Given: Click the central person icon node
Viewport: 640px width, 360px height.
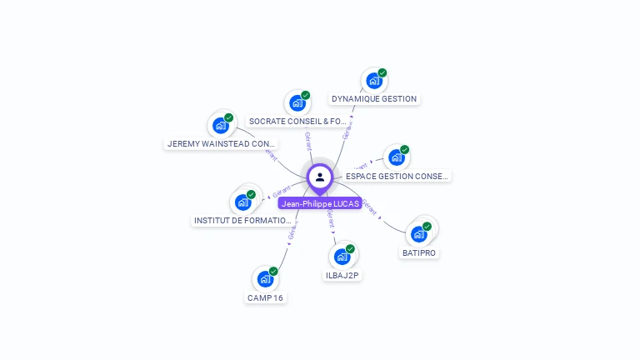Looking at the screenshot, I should [320, 177].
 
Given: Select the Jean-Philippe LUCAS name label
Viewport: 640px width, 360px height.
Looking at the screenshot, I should [320, 203].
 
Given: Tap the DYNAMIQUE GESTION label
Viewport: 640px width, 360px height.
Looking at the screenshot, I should [373, 99].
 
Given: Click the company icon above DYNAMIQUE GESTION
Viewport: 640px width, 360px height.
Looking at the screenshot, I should [373, 81].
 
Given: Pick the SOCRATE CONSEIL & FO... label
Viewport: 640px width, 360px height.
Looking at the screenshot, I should [297, 122].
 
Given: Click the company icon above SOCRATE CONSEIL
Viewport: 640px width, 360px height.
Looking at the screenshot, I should [297, 103].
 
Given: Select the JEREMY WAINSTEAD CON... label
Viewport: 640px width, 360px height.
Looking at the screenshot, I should [221, 143].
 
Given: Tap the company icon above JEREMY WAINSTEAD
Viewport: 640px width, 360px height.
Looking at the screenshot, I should [220, 125].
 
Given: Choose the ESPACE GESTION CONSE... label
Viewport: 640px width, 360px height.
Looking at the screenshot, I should [397, 176].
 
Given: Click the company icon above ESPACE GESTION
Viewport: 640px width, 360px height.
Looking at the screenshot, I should [396, 157].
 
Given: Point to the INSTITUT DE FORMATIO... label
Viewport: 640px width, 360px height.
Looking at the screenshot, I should [243, 221].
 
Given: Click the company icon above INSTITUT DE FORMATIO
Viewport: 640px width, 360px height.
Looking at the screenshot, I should [242, 202].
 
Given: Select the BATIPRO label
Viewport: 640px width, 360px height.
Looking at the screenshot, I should [419, 252].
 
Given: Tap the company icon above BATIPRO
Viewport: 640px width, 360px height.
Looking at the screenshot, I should [418, 234].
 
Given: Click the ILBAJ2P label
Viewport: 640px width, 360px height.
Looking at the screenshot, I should [342, 275].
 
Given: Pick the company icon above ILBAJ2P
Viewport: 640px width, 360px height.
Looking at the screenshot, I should [342, 257].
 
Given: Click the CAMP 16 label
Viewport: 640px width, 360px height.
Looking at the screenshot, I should [265, 297].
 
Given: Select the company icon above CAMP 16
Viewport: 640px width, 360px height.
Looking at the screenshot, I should [265, 279].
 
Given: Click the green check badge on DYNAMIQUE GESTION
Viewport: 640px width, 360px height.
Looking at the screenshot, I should [382, 73].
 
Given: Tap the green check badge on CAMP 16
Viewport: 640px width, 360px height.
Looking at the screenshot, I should [273, 272].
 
